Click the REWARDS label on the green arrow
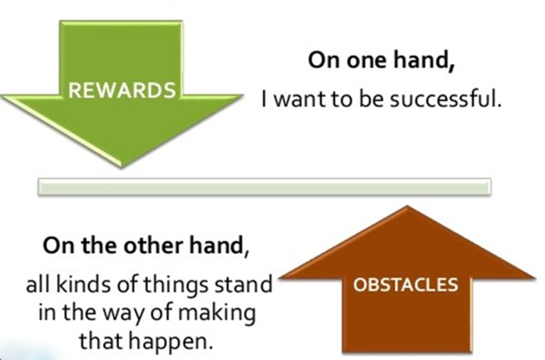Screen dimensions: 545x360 pyautogui.click(x=122, y=90)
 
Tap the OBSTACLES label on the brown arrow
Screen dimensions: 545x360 pyautogui.click(x=406, y=285)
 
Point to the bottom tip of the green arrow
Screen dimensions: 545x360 pyautogui.click(x=121, y=167)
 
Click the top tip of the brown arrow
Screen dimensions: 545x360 pyautogui.click(x=406, y=207)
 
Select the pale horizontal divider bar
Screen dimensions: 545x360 pyautogui.click(x=265, y=187)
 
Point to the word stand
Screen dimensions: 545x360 pyautogui.click(x=243, y=285)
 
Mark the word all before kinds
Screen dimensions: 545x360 pyautogui.click(x=38, y=285)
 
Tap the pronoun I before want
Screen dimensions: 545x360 pyautogui.click(x=265, y=99)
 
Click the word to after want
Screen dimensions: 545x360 pyautogui.click(x=343, y=100)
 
